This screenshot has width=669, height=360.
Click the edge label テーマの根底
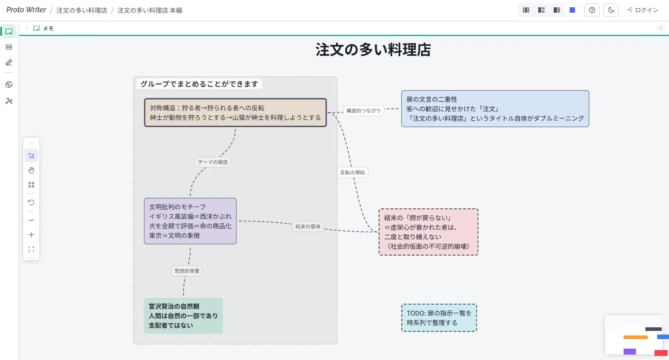click(x=213, y=162)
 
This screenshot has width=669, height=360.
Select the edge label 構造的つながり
click(x=364, y=110)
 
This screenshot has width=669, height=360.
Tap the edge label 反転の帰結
click(x=353, y=173)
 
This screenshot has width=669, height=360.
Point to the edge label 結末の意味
click(x=308, y=227)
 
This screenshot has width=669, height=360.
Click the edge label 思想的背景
click(x=187, y=271)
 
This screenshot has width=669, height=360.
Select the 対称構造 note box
click(x=235, y=113)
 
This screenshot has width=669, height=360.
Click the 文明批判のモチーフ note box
click(x=190, y=221)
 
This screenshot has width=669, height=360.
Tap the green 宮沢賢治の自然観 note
click(x=183, y=316)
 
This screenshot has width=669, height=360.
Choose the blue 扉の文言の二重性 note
click(x=495, y=108)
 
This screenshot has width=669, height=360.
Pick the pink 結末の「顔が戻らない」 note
click(x=428, y=232)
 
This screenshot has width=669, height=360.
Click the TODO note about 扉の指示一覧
click(x=439, y=318)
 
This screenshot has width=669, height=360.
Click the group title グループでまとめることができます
click(x=199, y=84)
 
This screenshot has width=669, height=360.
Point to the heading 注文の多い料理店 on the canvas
click(x=373, y=50)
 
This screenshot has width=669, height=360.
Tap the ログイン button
click(x=643, y=10)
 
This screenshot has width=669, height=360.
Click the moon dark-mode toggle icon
click(x=611, y=10)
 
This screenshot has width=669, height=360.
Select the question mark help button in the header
click(x=592, y=10)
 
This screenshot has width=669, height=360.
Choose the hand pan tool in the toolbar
click(x=31, y=170)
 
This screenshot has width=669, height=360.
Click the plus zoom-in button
click(x=31, y=235)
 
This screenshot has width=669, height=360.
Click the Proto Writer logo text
click(x=26, y=10)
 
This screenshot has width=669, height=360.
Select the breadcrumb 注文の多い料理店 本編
click(x=150, y=10)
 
